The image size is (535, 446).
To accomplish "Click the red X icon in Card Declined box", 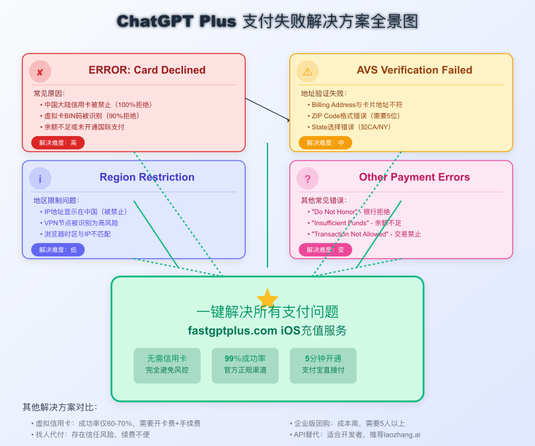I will point(40,71).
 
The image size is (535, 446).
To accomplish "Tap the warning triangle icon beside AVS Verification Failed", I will point(307,71).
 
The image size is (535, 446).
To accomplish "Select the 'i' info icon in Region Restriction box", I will point(40,178).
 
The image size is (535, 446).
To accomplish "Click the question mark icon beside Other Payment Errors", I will point(307,178).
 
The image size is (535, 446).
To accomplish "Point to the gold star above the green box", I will point(267,298).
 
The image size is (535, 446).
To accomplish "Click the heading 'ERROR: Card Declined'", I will point(147,70).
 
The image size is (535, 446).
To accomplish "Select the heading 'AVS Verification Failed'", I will point(414,70).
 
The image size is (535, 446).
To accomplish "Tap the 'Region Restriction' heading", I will point(147,177).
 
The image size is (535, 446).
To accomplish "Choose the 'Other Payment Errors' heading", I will point(414,177).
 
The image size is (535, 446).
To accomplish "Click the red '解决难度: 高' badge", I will point(58,143).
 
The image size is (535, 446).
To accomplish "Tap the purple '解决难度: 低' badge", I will point(58,250).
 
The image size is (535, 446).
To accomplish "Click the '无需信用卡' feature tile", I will point(167,365).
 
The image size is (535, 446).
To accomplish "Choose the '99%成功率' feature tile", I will point(245,365).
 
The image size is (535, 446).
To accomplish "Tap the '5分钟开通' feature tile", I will point(323,365).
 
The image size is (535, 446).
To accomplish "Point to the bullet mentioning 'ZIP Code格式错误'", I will point(356,116).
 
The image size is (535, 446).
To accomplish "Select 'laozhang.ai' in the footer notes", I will point(400,435).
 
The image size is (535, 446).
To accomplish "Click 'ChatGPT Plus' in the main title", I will point(176,21).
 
